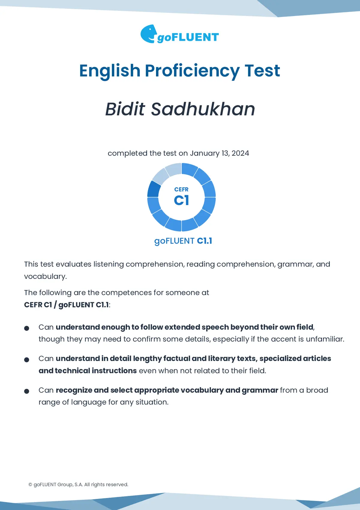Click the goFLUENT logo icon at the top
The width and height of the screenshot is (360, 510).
click(x=149, y=34)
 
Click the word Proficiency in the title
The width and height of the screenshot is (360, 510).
click(x=192, y=71)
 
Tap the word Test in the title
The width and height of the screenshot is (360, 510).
click(x=262, y=71)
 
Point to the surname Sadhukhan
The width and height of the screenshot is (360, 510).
click(x=203, y=109)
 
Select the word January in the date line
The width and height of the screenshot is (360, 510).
click(x=205, y=153)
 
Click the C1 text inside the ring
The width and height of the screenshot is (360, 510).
click(x=181, y=200)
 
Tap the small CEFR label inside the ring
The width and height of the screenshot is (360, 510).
click(x=181, y=189)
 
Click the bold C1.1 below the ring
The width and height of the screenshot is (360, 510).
click(x=205, y=241)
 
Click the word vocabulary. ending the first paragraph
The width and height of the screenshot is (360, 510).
click(x=45, y=276)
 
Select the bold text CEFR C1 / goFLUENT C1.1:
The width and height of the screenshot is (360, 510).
click(x=67, y=305)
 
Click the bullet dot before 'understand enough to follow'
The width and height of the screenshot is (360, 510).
click(x=27, y=328)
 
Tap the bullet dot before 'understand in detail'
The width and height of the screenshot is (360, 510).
click(x=27, y=360)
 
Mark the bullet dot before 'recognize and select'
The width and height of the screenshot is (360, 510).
click(x=27, y=391)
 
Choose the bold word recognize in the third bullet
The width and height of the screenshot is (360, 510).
click(x=73, y=390)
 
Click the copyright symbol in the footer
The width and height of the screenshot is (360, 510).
click(x=30, y=485)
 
